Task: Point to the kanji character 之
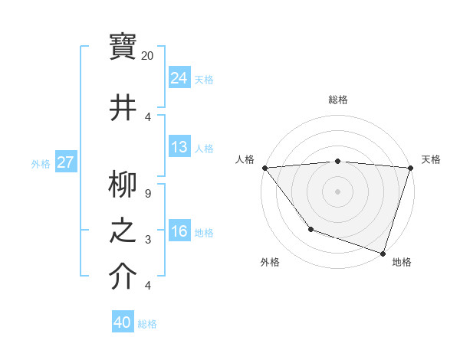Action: pos(123,231)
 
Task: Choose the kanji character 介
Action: pos(123,277)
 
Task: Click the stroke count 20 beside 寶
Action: pos(148,56)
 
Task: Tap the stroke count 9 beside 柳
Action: pos(148,194)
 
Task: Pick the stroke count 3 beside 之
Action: pos(148,240)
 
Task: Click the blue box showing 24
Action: pos(179,77)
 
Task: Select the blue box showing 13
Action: pos(179,147)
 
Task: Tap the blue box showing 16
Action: pos(179,231)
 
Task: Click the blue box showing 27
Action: pos(66,162)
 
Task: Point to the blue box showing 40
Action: pos(123,322)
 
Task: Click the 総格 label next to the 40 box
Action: pos(147,324)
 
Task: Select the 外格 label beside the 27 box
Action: pos(41,163)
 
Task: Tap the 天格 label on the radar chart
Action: pos(431,159)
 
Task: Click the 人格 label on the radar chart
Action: pos(245,159)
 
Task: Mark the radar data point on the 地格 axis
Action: pos(383,253)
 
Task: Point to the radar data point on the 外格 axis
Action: pos(310,229)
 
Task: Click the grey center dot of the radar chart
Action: pos(337,191)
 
